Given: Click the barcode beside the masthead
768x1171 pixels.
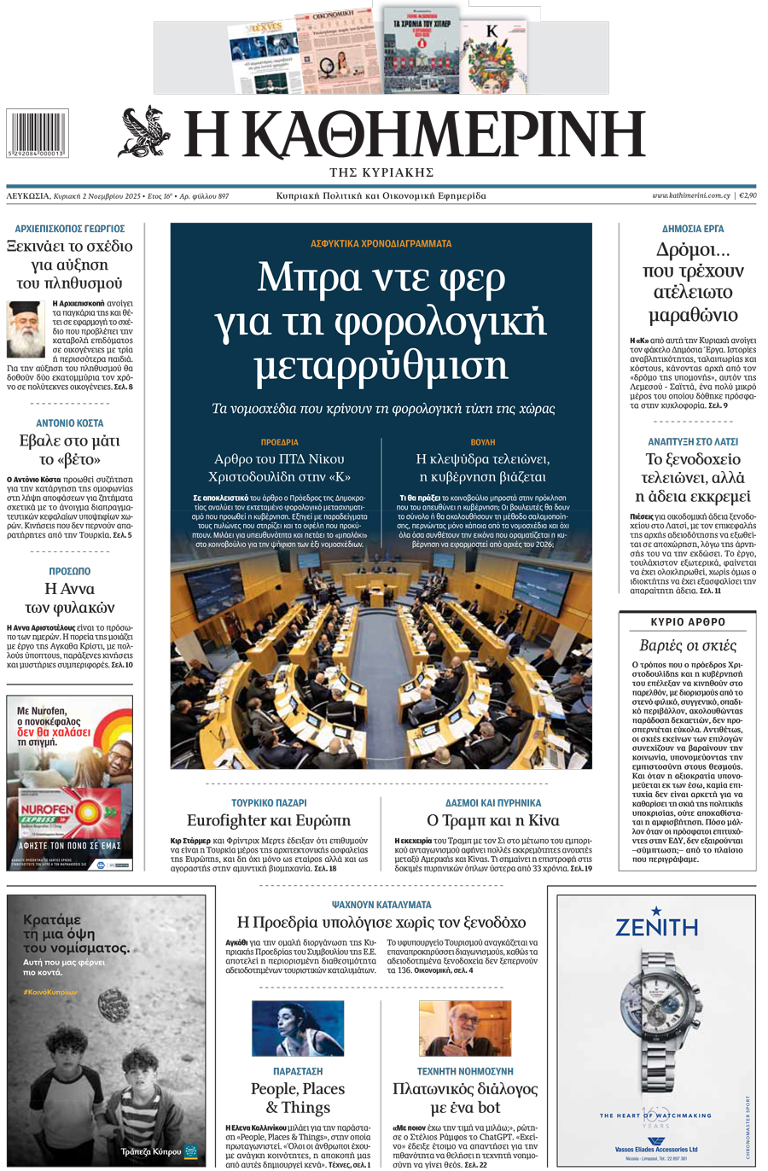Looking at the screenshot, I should [x=37, y=131].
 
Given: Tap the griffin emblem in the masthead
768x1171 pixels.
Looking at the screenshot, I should [x=144, y=131].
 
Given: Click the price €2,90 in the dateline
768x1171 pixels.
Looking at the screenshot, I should [x=748, y=195].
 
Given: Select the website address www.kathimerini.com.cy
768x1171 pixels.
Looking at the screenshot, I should [x=690, y=195].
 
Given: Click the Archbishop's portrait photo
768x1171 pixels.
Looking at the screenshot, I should [x=26, y=329].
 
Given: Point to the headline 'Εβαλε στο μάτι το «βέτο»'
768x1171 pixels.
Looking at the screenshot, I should [x=69, y=450].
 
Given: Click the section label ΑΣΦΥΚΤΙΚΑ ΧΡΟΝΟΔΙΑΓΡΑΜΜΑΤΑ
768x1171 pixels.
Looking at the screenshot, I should [x=381, y=243].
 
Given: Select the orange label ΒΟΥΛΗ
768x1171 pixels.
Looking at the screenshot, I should [x=483, y=442].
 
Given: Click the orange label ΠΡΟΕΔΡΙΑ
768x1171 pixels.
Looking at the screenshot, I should [x=279, y=442].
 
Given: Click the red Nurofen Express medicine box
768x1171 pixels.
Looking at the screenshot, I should [x=68, y=811].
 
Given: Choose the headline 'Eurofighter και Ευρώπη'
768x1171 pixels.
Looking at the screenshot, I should [x=269, y=820].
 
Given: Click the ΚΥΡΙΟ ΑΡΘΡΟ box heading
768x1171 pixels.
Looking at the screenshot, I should [x=688, y=622].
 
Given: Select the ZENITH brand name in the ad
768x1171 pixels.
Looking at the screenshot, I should [x=656, y=927].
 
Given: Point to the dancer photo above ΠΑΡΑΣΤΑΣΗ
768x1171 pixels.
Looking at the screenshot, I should [x=298, y=1028].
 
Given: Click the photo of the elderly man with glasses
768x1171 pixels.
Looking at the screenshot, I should [x=465, y=1028].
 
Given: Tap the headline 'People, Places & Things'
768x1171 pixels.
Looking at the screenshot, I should [x=298, y=1098].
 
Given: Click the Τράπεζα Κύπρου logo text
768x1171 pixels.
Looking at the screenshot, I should [x=151, y=1151].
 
